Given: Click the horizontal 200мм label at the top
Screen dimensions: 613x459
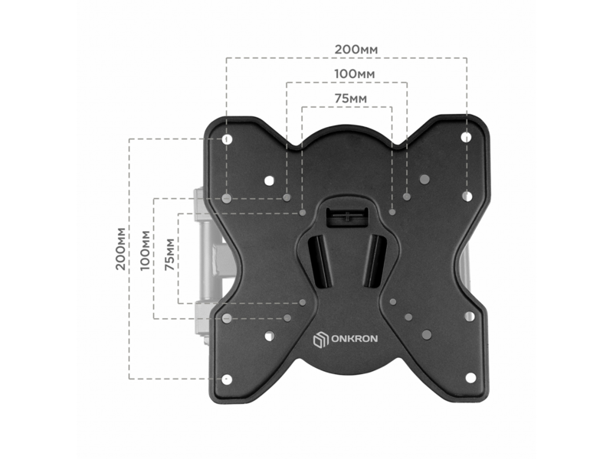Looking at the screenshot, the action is point(356,50).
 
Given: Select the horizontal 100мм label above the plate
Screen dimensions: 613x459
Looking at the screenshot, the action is point(355,73).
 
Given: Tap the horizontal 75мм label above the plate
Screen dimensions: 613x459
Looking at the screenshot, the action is point(351,99).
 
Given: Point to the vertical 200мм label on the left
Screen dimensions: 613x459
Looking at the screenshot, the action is point(121,249).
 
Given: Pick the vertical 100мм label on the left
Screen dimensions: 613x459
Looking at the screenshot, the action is point(145,251).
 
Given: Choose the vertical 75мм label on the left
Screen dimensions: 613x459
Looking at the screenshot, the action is point(169,255).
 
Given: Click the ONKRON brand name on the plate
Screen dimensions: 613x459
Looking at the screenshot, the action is point(355,338).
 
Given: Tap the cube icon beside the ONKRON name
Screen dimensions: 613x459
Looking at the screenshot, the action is point(320,339).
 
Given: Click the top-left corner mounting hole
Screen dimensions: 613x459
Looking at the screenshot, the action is point(227,139).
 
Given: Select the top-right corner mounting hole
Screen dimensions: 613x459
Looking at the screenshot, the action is point(466,138).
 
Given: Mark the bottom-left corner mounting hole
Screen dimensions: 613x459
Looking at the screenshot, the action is point(227,379).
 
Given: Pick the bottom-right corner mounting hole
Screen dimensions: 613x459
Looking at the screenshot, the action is point(470,377).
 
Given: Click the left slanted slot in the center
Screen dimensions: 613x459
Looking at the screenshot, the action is point(320,262).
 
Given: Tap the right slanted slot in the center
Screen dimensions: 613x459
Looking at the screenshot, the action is point(375,261).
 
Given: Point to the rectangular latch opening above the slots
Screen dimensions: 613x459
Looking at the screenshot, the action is point(346,216).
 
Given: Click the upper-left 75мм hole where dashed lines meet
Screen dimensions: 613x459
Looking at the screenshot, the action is point(303,213).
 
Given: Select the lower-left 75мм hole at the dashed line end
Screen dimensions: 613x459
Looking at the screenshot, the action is point(303,302).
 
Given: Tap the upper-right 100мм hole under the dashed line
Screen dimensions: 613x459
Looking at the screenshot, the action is point(407,197).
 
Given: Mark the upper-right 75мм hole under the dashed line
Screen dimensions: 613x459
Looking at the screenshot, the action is point(392,212).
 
